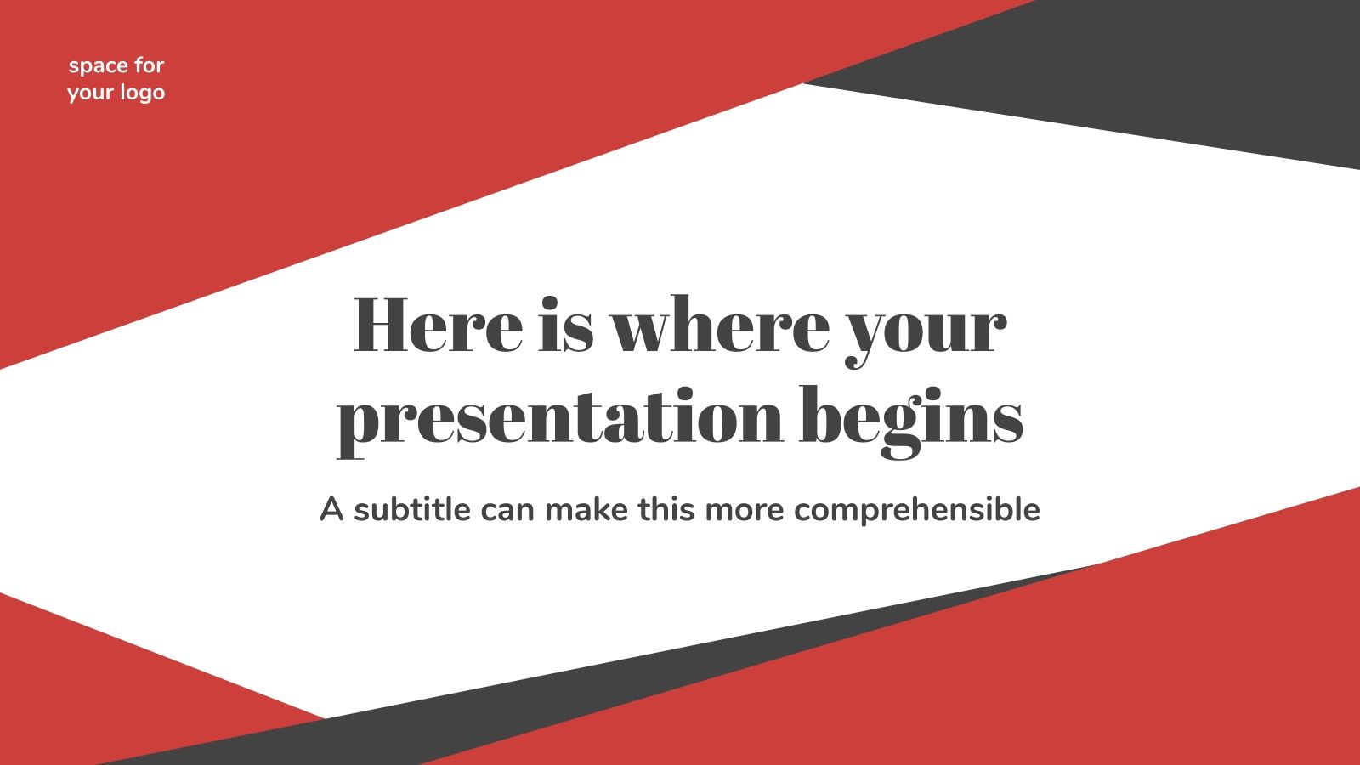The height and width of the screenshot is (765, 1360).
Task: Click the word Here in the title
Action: tap(438, 326)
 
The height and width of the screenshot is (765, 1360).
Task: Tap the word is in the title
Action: tap(565, 326)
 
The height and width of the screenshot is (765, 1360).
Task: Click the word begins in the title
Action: tap(911, 420)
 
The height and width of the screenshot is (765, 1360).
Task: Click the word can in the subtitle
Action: tap(507, 511)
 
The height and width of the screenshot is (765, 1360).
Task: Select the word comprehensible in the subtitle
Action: tap(917, 511)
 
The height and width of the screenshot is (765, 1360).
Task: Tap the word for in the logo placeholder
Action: tap(149, 65)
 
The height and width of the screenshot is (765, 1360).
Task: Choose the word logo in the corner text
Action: tap(141, 93)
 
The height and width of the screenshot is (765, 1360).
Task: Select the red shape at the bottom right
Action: tap(1105, 663)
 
